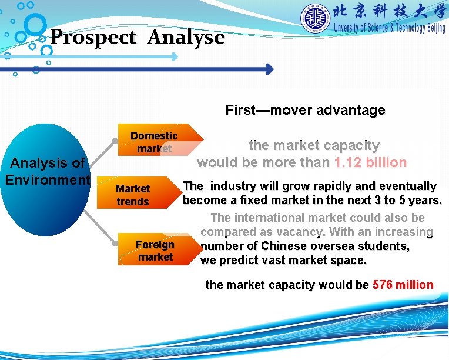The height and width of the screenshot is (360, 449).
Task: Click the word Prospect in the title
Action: (x=93, y=38)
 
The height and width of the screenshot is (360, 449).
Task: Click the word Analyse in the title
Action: (x=186, y=38)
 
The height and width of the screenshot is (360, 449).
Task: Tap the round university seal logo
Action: (x=316, y=19)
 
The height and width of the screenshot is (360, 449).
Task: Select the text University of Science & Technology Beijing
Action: (x=389, y=28)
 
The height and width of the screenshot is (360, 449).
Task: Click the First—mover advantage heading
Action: (x=305, y=110)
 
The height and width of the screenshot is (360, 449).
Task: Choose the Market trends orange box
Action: (x=133, y=195)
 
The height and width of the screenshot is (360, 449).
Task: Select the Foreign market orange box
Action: (x=155, y=251)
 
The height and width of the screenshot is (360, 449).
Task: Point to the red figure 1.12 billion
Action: (x=370, y=162)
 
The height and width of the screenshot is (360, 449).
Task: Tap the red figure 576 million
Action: (x=403, y=285)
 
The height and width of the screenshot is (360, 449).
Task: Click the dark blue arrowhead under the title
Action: (x=269, y=69)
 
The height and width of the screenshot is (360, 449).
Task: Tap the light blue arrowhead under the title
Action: (x=175, y=57)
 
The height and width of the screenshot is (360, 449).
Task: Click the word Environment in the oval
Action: (x=47, y=179)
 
